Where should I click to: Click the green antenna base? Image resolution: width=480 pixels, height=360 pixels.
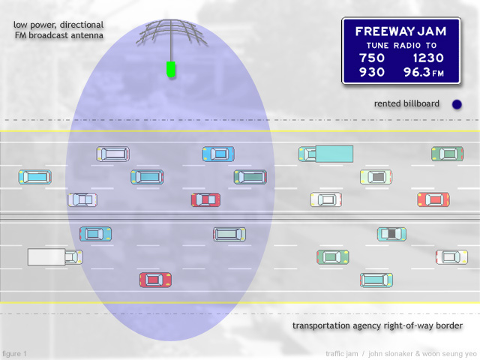pyautogui.click(x=171, y=69)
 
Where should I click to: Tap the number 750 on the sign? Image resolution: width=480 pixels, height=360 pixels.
pyautogui.click(x=372, y=58)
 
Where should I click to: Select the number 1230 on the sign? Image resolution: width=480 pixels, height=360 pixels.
pyautogui.click(x=428, y=58)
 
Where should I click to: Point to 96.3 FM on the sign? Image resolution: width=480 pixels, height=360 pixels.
pyautogui.click(x=423, y=72)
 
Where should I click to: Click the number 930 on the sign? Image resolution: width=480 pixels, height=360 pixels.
pyautogui.click(x=372, y=72)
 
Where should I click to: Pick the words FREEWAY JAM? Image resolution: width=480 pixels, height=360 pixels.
pyautogui.click(x=400, y=31)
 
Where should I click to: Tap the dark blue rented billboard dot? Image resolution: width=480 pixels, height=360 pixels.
pyautogui.click(x=457, y=104)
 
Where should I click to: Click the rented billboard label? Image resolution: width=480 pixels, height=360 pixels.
pyautogui.click(x=406, y=103)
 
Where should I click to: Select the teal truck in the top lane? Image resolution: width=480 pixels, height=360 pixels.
pyautogui.click(x=325, y=154)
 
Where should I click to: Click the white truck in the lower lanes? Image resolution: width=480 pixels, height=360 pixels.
pyautogui.click(x=55, y=256)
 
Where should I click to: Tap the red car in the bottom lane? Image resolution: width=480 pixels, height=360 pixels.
pyautogui.click(x=155, y=280)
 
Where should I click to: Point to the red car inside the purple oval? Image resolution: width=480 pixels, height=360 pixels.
pyautogui.click(x=205, y=200)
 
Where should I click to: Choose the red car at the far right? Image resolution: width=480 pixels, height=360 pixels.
pyautogui.click(x=433, y=199)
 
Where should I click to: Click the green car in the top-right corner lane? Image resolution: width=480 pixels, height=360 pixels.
pyautogui.click(x=447, y=154)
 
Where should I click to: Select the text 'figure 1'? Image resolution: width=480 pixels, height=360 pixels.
pyautogui.click(x=14, y=353)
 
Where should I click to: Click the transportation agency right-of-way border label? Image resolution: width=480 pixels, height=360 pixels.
pyautogui.click(x=377, y=325)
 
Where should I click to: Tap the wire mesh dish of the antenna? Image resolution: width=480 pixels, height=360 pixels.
pyautogui.click(x=172, y=32)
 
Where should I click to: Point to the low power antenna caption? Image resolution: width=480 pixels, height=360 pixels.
pyautogui.click(x=58, y=30)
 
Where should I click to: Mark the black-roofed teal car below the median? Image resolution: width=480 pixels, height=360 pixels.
pyautogui.click(x=391, y=234)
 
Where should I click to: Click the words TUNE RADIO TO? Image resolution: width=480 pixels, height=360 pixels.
pyautogui.click(x=401, y=46)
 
